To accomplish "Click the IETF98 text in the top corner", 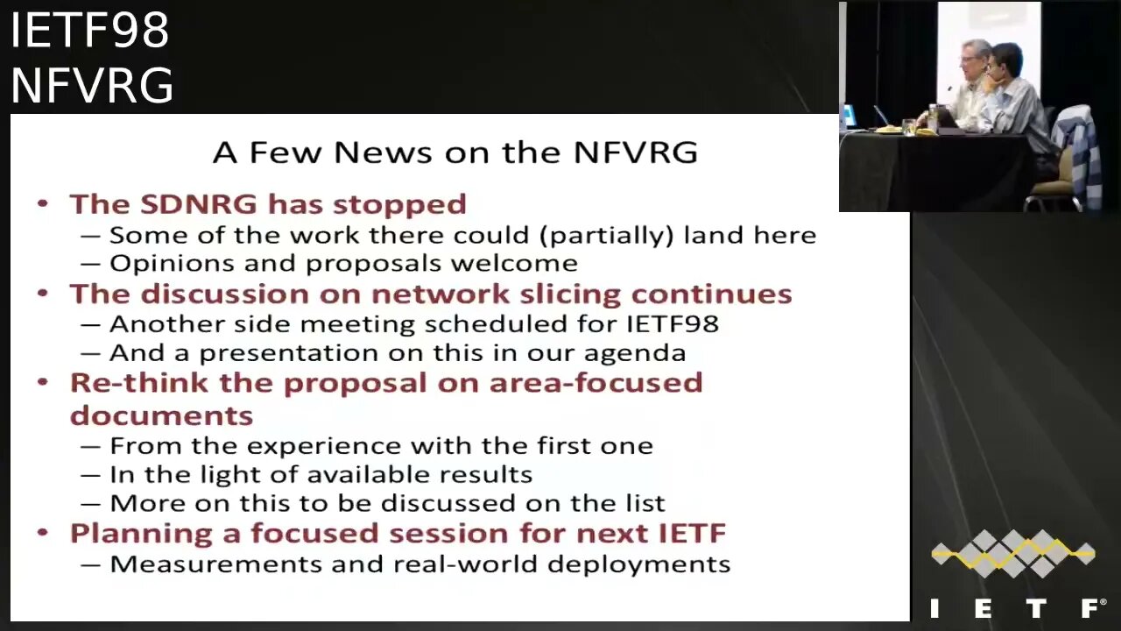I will (89, 31).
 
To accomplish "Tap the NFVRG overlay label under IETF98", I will (92, 86).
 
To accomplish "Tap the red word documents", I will (161, 415).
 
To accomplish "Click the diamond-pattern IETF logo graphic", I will (1012, 553).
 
